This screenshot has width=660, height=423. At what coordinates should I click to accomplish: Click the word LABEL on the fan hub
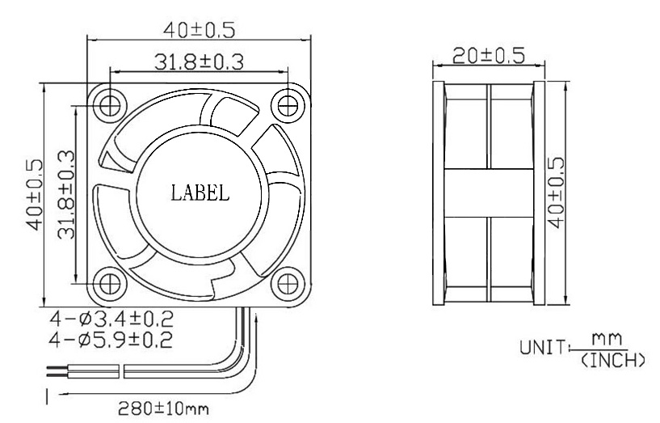pos(200,194)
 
